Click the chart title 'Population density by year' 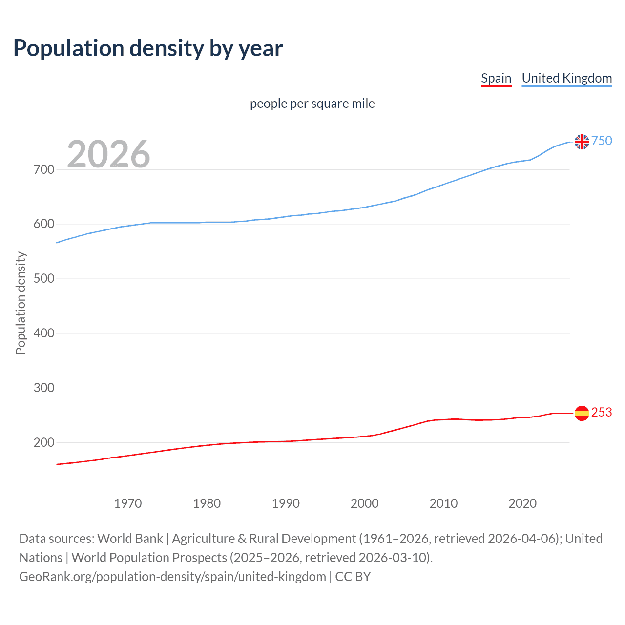pyautogui.click(x=148, y=48)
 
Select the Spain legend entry pyautogui.click(x=496, y=78)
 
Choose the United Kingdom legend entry pyautogui.click(x=566, y=78)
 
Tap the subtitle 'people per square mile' pyautogui.click(x=312, y=104)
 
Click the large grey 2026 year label pyautogui.click(x=108, y=154)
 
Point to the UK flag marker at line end pyautogui.click(x=582, y=142)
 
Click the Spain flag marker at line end pyautogui.click(x=582, y=413)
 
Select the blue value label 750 pyautogui.click(x=602, y=141)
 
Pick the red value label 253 pyautogui.click(x=602, y=413)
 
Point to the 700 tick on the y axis pyautogui.click(x=44, y=170)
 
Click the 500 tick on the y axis pyautogui.click(x=44, y=279)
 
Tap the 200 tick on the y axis pyautogui.click(x=44, y=442)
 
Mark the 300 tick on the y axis pyautogui.click(x=44, y=388)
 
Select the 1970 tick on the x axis pyautogui.click(x=128, y=503)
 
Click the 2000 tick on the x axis pyautogui.click(x=364, y=503)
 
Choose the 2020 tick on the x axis pyautogui.click(x=522, y=503)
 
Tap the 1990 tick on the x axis pyautogui.click(x=286, y=503)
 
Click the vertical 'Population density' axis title pyautogui.click(x=21, y=303)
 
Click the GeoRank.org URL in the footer pyautogui.click(x=172, y=577)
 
